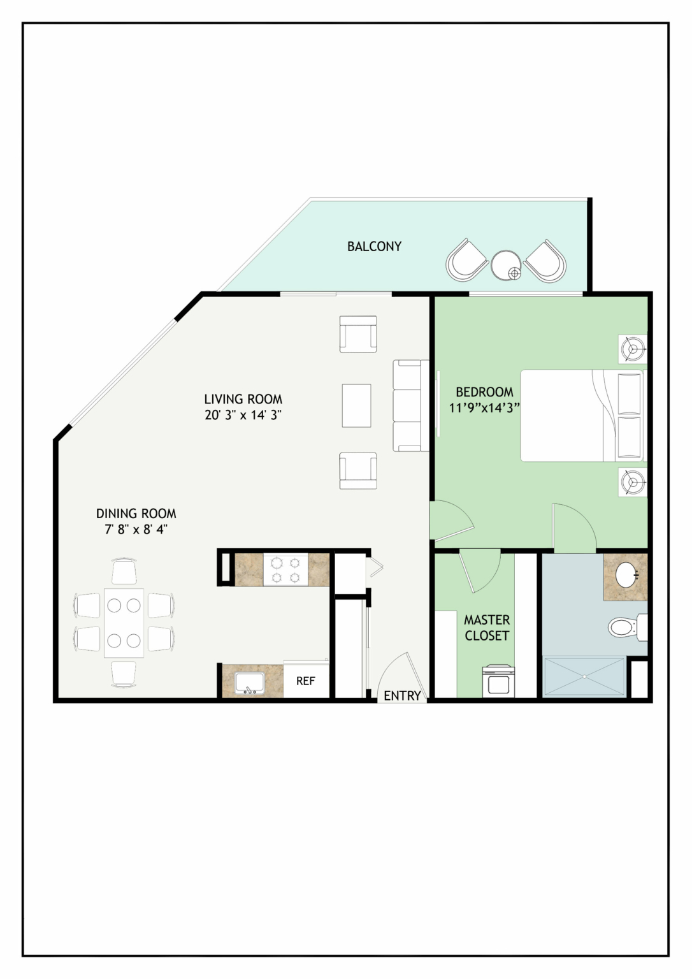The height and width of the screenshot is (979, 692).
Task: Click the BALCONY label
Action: [374, 247]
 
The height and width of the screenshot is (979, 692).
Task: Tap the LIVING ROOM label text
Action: [243, 399]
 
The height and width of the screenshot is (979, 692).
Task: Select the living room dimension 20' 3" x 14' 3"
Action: [243, 415]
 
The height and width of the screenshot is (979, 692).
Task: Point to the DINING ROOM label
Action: [136, 514]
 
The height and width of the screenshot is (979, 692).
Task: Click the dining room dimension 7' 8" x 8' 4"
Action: [136, 529]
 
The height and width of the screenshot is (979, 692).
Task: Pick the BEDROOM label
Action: [484, 391]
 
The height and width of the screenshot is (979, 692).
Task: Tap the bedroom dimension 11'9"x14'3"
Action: [484, 408]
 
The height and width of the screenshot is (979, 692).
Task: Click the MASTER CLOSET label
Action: [487, 628]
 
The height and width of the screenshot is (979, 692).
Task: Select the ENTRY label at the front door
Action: [402, 695]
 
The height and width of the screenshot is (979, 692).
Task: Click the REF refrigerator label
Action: [305, 681]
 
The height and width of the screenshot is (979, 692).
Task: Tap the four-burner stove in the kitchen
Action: [285, 569]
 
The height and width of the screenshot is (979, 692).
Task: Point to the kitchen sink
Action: [249, 683]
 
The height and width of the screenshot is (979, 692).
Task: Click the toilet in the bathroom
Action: [628, 627]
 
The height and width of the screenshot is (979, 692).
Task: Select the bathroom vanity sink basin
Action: [627, 576]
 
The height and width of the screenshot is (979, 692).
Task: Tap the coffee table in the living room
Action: [356, 405]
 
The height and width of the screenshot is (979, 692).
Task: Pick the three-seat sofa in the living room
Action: [410, 405]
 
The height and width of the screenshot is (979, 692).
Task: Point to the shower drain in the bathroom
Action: [584, 676]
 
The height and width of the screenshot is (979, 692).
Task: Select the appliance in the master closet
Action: [498, 681]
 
